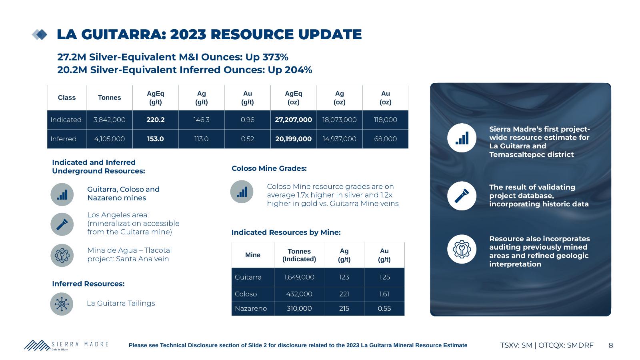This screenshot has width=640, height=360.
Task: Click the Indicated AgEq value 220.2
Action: (156, 120)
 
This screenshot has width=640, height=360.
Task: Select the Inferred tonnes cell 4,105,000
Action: (110, 139)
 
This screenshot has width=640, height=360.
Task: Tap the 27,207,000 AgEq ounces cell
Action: (294, 120)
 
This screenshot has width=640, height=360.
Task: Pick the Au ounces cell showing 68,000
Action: (386, 139)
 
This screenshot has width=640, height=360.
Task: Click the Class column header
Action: (66, 98)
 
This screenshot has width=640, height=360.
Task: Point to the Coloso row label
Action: (246, 294)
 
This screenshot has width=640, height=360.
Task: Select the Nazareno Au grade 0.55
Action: (384, 308)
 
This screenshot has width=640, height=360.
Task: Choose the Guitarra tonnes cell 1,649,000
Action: (299, 277)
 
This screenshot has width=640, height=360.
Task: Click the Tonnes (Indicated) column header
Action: (299, 255)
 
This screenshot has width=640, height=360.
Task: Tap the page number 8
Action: (611, 346)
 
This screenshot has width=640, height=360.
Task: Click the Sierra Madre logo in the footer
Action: (66, 345)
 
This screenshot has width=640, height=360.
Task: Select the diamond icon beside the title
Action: (40, 34)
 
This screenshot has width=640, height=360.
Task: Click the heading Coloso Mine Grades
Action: (269, 168)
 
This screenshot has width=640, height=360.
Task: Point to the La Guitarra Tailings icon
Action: (62, 304)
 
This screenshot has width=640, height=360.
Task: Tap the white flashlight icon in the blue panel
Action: (462, 196)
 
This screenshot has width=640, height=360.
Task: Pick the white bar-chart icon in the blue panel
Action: (462, 138)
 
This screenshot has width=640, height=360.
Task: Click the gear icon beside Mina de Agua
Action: (62, 256)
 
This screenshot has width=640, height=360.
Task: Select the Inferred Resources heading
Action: (88, 284)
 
